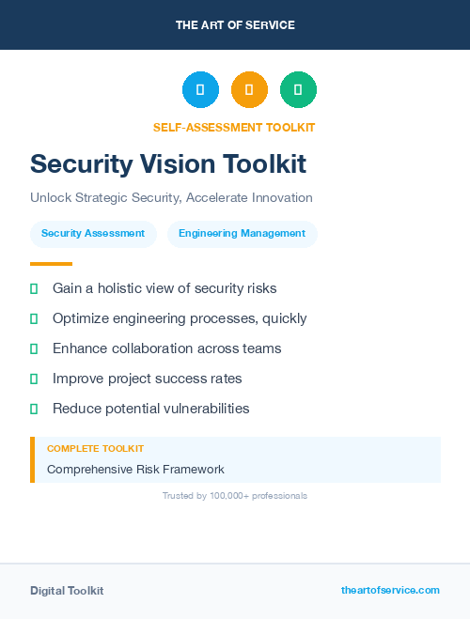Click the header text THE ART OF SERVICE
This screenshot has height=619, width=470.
pyautogui.click(x=235, y=25)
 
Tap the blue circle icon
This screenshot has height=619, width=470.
pyautogui.click(x=200, y=90)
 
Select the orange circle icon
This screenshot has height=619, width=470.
pyautogui.click(x=249, y=90)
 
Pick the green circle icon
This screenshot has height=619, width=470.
pyautogui.click(x=298, y=90)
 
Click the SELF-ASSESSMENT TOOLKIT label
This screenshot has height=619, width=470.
pyautogui.click(x=234, y=128)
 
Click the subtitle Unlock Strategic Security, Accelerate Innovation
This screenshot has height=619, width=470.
pyautogui.click(x=171, y=198)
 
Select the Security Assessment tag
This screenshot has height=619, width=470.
pyautogui.click(x=93, y=234)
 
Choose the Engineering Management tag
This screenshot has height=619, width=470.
pyautogui.click(x=242, y=234)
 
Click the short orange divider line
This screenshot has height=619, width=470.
pyautogui.click(x=51, y=264)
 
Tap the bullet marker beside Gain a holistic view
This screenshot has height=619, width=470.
pyautogui.click(x=34, y=288)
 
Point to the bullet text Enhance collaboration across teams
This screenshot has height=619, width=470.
pyautogui.click(x=166, y=348)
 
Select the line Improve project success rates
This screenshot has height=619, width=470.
pyautogui.click(x=147, y=379)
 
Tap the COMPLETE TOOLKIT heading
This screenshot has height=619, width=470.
pyautogui.click(x=95, y=449)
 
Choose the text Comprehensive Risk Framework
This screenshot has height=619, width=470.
pyautogui.click(x=135, y=470)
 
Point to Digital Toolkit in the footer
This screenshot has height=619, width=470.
pyautogui.click(x=67, y=591)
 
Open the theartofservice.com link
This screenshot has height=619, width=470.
pyautogui.click(x=390, y=590)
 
